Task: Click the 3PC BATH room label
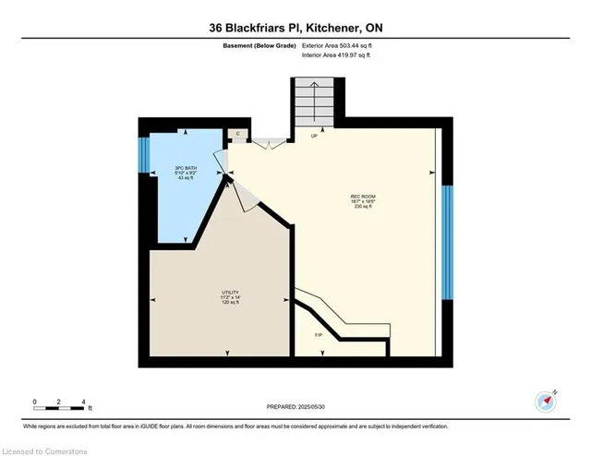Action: (x=187, y=168)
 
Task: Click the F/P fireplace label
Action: (x=319, y=334)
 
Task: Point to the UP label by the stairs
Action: (x=314, y=136)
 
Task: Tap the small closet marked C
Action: (x=238, y=135)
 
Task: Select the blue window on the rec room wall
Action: (x=447, y=242)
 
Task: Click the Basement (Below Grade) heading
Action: (x=258, y=44)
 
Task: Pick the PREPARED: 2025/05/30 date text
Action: (x=296, y=406)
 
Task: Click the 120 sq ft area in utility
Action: (x=228, y=301)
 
